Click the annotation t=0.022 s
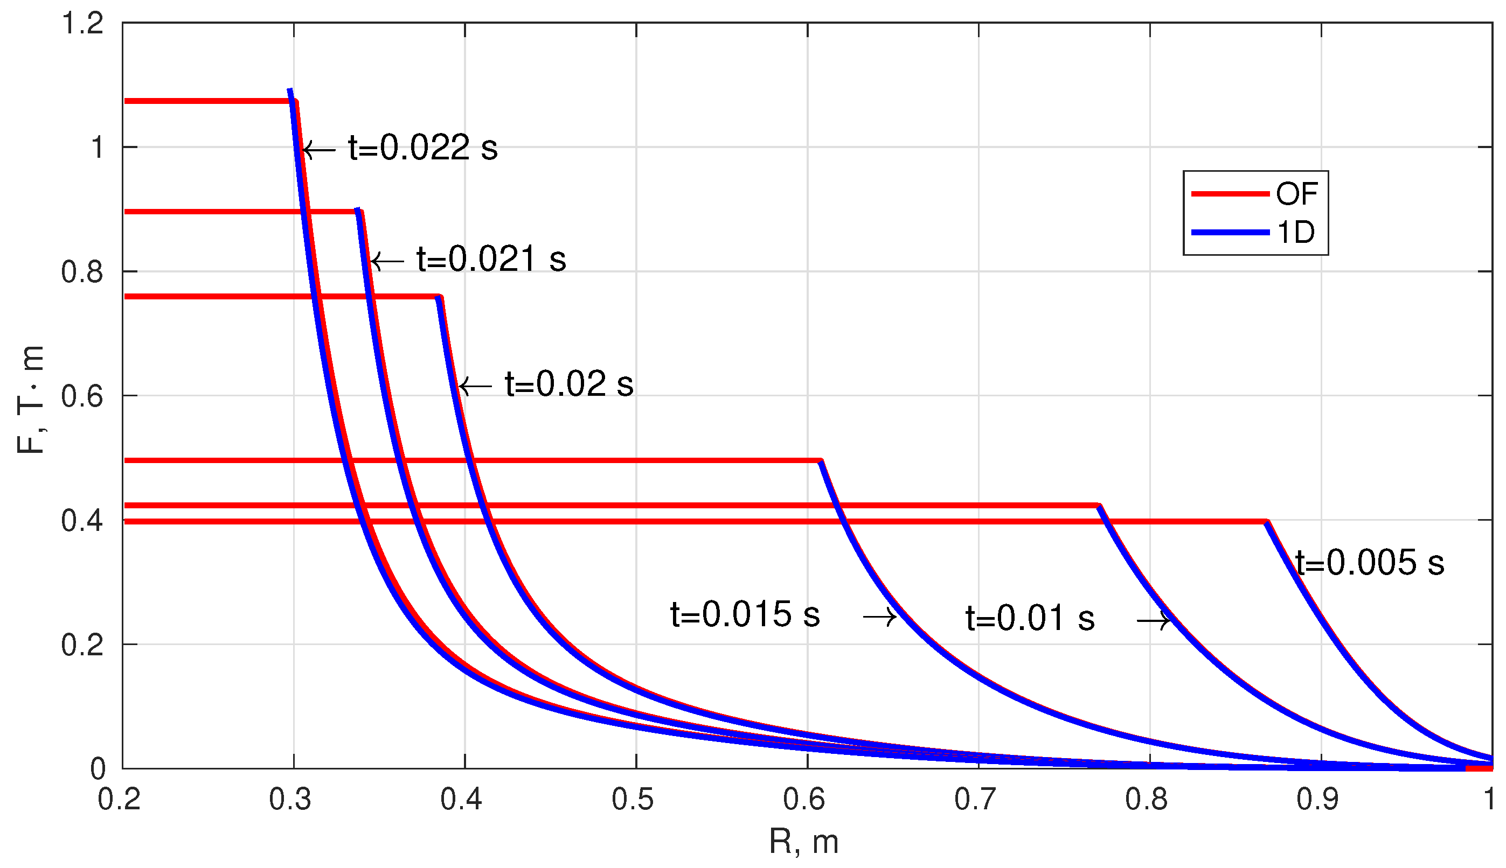point(422,148)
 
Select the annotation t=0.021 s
point(491,260)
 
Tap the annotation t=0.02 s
point(569,384)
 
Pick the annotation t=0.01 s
point(1030,618)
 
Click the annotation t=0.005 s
point(1370,563)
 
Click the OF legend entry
point(1296,194)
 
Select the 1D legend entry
point(1295,232)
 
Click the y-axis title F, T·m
point(30,400)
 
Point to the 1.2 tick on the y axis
point(82,24)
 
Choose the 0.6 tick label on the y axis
point(82,396)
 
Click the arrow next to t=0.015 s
point(880,617)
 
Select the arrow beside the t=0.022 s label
point(319,150)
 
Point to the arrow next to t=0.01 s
point(1154,621)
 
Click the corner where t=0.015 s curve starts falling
point(821,461)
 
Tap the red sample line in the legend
point(1230,194)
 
